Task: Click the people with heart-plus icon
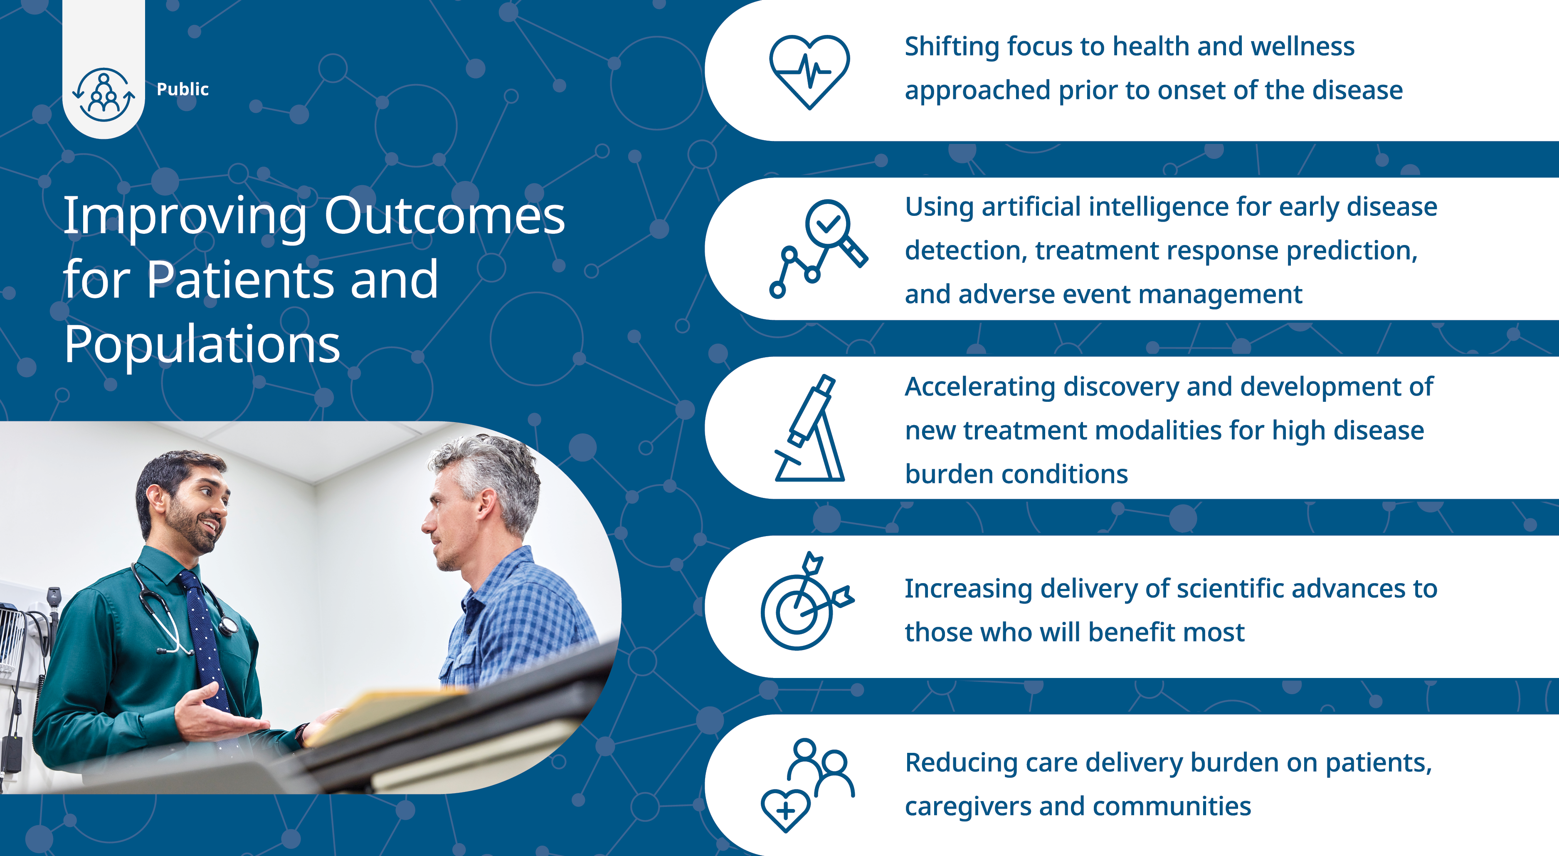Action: (807, 785)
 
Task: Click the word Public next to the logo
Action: (182, 89)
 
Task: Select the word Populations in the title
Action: (202, 346)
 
